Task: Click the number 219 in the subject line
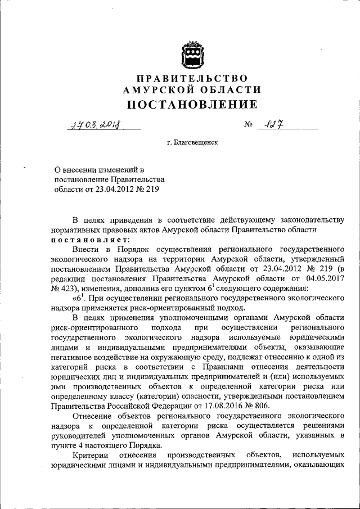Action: pyautogui.click(x=151, y=190)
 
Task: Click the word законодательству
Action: pyautogui.click(x=307, y=219)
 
